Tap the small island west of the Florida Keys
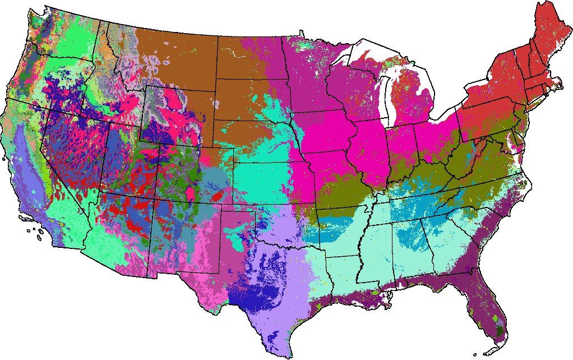pyautogui.click(x=475, y=354)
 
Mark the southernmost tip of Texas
pyautogui.click(x=290, y=357)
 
